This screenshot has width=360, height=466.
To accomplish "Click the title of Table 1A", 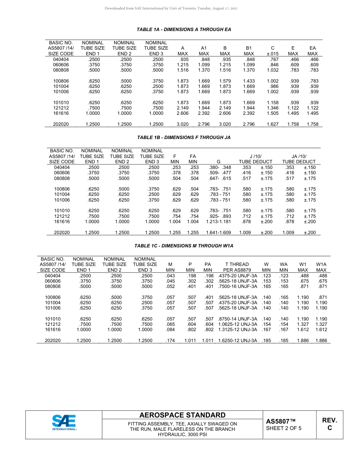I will pyautogui.click(x=184, y=30).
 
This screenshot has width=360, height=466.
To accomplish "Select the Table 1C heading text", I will pyautogui.click(x=184, y=246).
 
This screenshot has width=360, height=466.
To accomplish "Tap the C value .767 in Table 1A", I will pyautogui.click(x=273, y=59).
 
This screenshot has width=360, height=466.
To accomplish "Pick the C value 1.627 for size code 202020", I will pyautogui.click(x=273, y=124).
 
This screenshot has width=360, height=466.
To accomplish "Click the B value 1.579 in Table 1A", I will pyautogui.click(x=225, y=81).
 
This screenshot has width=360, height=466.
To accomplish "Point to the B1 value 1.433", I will pyautogui.click(x=249, y=81).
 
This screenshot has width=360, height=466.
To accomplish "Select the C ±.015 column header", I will pyautogui.click(x=272, y=51).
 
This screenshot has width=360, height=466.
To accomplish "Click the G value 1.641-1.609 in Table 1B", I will pyautogui.click(x=218, y=233).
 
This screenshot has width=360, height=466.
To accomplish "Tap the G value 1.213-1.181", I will pyautogui.click(x=218, y=222).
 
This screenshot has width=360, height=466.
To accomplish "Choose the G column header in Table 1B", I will pyautogui.click(x=218, y=161).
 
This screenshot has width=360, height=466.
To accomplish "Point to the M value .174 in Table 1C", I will pyautogui.click(x=170, y=341).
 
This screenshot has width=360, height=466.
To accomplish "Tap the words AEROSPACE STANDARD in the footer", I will pyautogui.click(x=182, y=415).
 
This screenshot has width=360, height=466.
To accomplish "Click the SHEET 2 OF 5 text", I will pyautogui.click(x=284, y=428).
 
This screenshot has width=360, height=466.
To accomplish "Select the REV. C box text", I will pyautogui.click(x=330, y=424).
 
